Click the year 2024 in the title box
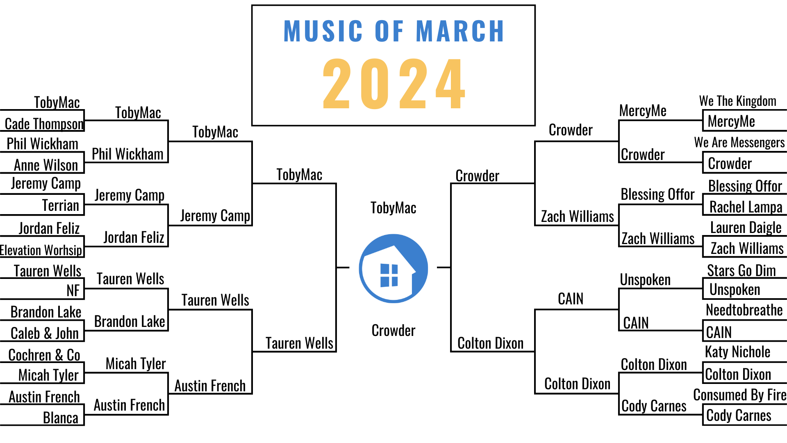pos(393,84)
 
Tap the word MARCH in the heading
pos(460,31)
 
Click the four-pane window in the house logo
pos(389,275)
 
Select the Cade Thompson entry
pos(44,124)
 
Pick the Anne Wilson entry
pos(46,165)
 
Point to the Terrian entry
pos(61,205)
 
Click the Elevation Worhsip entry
pos(41,250)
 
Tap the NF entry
pos(73,290)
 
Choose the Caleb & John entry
pos(45,333)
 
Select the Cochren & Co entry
pos(44,355)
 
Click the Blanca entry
pos(61,418)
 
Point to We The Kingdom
pos(738,101)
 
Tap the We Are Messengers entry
pos(739,142)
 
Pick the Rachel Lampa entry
pos(746,207)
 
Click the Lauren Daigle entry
pos(746,228)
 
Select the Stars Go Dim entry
pos(742,271)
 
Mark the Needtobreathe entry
pos(744,310)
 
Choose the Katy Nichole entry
pos(738,352)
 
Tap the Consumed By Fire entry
pos(740,395)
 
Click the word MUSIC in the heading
pos(323,31)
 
